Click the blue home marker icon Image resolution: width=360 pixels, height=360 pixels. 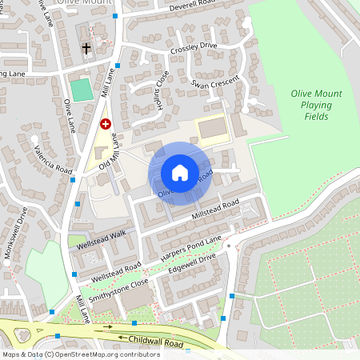click(x=180, y=172)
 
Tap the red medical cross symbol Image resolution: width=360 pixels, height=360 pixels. click(x=105, y=124)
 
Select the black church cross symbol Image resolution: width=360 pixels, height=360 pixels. click(x=86, y=49)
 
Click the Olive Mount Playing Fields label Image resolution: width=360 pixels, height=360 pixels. click(x=316, y=105)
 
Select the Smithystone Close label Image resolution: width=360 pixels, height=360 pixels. click(x=119, y=290)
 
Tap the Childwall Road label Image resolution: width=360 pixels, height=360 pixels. click(x=157, y=342)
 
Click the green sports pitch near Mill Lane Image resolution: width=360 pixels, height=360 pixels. click(x=81, y=89)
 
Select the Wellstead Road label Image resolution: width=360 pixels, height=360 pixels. click(x=117, y=265)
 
